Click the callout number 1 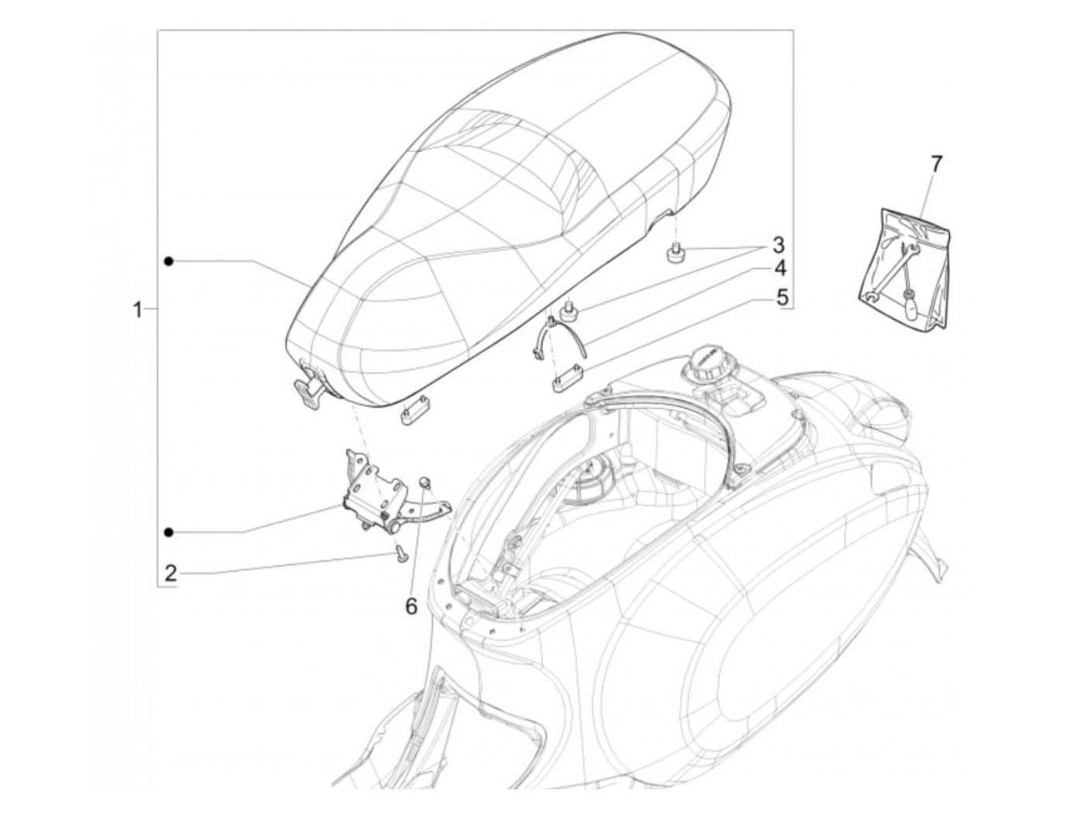pyautogui.click(x=137, y=311)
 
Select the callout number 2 pyautogui.click(x=170, y=573)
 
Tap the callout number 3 pyautogui.click(x=777, y=246)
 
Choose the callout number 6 pyautogui.click(x=410, y=607)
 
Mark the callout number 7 pyautogui.click(x=936, y=163)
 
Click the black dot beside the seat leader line pyautogui.click(x=168, y=261)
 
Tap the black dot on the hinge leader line pyautogui.click(x=168, y=531)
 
